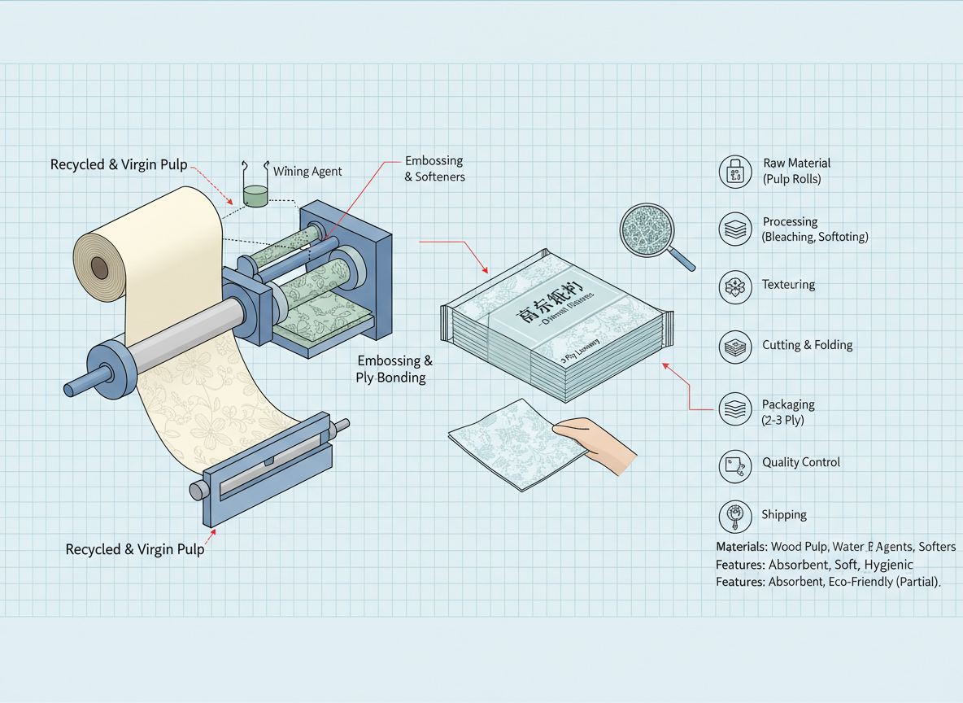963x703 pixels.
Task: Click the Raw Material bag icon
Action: coord(735,172)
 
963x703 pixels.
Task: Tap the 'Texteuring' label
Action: coord(788,285)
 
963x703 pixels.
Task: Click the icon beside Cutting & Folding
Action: coord(735,346)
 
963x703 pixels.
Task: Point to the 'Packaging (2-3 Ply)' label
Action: coord(788,412)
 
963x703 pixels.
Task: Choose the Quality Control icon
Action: coord(735,465)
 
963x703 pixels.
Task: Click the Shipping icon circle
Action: coord(735,516)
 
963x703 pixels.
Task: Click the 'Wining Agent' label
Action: coord(307,172)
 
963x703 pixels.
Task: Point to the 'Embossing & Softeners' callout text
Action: coord(434,168)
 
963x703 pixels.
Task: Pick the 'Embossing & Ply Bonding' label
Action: coord(394,369)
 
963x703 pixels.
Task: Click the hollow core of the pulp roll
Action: coord(99,267)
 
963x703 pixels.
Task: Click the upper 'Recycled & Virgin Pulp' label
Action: coord(119,164)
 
